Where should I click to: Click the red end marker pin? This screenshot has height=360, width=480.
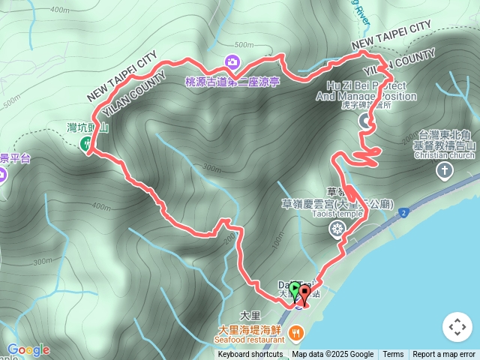click(304, 291)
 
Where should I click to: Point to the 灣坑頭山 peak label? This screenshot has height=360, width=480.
click(88, 128)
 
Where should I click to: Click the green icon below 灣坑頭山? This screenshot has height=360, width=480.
click(85, 142)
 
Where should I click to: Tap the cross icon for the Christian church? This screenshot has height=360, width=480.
click(445, 171)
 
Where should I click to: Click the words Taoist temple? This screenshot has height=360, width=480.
click(337, 213)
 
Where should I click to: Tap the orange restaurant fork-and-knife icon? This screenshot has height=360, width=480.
click(297, 331)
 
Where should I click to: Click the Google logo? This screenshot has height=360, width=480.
click(28, 349)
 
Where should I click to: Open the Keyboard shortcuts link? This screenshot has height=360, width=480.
click(250, 355)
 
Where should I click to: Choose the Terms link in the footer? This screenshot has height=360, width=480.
click(393, 355)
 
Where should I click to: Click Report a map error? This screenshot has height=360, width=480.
click(444, 355)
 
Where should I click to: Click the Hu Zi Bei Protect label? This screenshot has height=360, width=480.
click(367, 86)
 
